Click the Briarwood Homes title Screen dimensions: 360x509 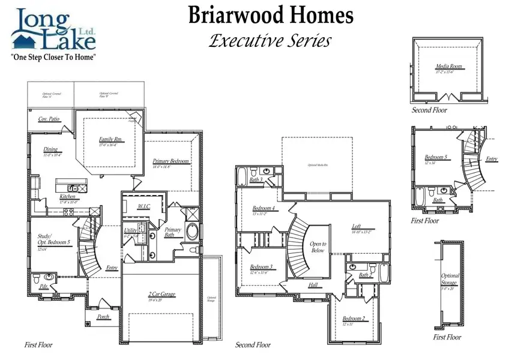coord(271,16)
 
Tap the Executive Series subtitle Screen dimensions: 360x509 coord(270,41)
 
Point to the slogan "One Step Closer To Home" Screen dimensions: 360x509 coord(55,57)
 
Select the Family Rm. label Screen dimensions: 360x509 coord(110,140)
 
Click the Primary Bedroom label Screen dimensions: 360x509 coord(171,161)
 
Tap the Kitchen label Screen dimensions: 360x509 coord(68,197)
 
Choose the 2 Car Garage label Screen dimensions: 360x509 coord(161,294)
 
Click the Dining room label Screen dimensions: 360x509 coord(51,150)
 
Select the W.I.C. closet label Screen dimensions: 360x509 coord(144,206)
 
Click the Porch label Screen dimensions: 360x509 coord(103,316)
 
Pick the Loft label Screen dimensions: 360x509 coord(357,226)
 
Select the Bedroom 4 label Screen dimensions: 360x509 coord(264,208)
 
